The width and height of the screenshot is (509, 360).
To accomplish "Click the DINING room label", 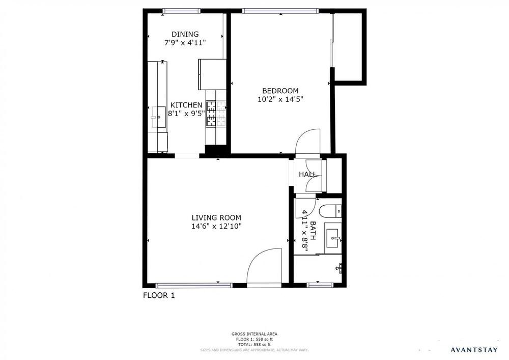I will (185, 34).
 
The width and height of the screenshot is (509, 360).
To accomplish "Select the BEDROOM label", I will (280, 91).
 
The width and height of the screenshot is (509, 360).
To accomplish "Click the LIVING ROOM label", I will (216, 217).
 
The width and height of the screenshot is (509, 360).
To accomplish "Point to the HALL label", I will (307, 174).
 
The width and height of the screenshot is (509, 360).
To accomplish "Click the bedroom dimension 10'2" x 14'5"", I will (280, 100).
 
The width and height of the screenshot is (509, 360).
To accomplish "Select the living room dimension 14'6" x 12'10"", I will (216, 226).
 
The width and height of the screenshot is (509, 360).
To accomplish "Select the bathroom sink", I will (333, 238).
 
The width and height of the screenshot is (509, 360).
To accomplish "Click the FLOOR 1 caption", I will (158, 295).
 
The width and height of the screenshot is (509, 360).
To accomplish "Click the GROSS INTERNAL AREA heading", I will (254, 334).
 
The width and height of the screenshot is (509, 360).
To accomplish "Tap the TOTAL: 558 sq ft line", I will (254, 344).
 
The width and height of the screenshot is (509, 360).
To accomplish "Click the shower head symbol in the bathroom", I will (340, 267).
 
